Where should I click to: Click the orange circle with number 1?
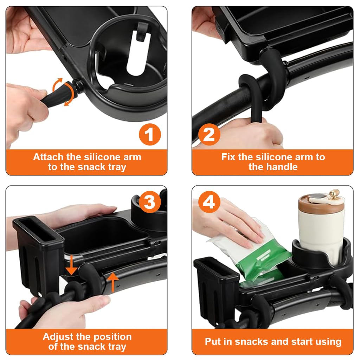tap(150, 135)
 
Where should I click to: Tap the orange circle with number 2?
tap(209, 135)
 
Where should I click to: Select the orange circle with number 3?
tap(150, 203)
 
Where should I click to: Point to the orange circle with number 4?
tap(209, 203)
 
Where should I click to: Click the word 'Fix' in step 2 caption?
tap(229, 157)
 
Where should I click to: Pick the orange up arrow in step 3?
tap(112, 283)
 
